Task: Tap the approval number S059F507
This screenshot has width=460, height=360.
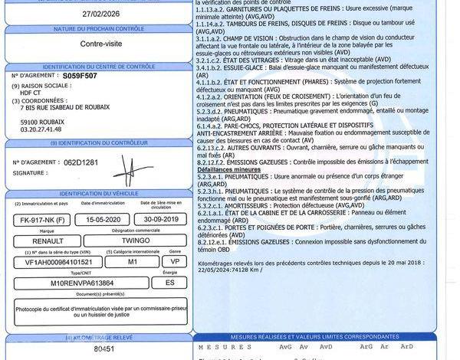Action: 80,77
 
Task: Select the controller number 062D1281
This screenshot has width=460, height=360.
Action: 81,162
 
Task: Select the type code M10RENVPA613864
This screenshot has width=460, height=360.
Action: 77,283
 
